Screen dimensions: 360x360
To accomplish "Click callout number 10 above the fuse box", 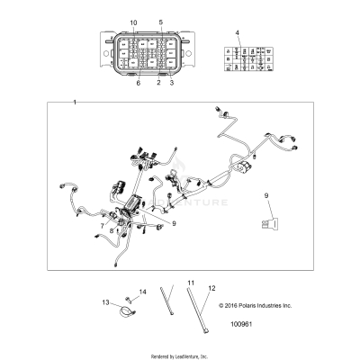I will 133,21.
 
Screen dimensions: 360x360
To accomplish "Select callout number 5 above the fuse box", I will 160,21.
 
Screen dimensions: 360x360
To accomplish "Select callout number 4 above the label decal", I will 238,33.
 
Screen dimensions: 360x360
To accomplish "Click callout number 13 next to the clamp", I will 104,301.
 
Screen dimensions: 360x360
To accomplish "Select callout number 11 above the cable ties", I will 190,283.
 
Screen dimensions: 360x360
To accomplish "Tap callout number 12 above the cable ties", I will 213,289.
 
